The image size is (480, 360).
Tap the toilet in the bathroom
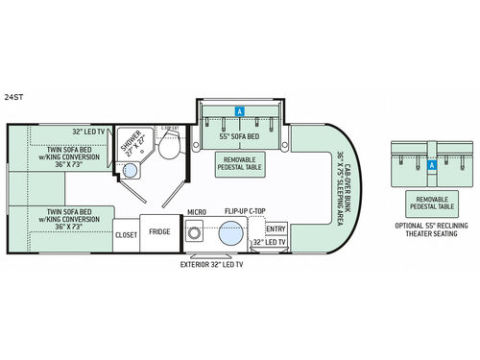(170, 147)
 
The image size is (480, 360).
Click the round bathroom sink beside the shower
(129, 171)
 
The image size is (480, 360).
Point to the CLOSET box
(126, 233)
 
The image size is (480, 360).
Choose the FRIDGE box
(159, 231)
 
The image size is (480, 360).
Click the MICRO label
(198, 212)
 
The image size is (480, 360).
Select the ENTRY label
(276, 228)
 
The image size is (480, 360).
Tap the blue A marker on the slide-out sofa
(238, 111)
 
